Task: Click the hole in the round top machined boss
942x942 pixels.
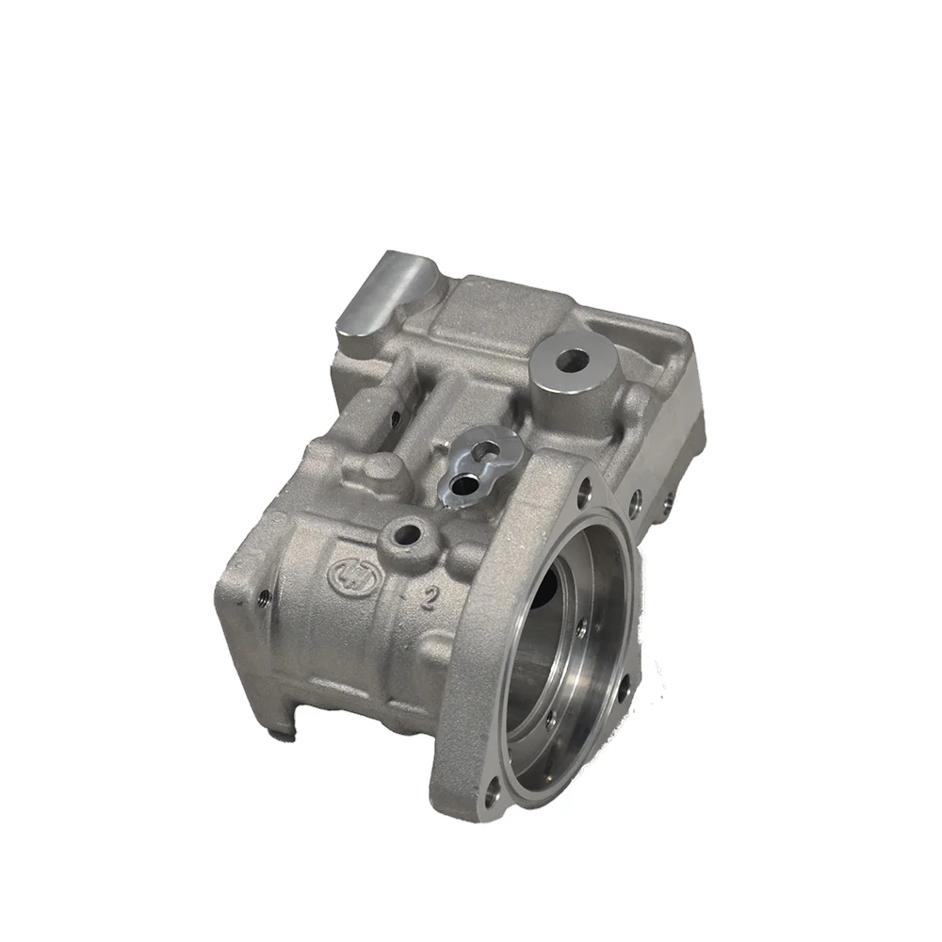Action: coord(571,359)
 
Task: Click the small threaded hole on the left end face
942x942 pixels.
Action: coord(265,594)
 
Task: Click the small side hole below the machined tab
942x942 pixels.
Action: coord(395,415)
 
